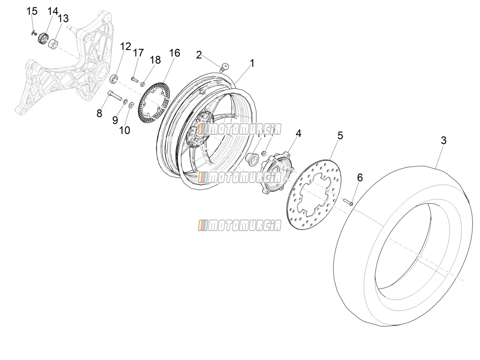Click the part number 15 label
coord(32,11)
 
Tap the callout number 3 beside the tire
coord(443,140)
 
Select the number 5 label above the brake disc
coord(340,136)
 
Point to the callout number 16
coord(175,53)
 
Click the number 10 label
coord(124,130)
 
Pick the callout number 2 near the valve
coord(199,55)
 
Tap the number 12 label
coord(125,46)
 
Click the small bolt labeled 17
coord(134,79)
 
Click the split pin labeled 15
coord(34,33)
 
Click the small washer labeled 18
coord(142,84)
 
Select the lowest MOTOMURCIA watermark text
coord(240,225)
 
